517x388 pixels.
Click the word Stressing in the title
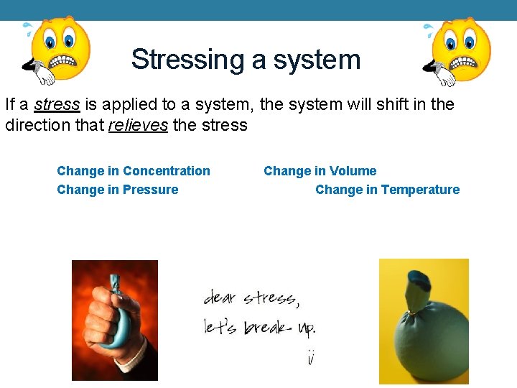[187, 59]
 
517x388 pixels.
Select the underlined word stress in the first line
[57, 105]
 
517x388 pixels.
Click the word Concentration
[166, 171]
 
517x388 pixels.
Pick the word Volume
[353, 171]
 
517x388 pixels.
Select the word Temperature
[420, 190]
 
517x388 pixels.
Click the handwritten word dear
[220, 298]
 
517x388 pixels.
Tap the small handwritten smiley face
[310, 356]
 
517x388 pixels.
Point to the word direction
[34, 126]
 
